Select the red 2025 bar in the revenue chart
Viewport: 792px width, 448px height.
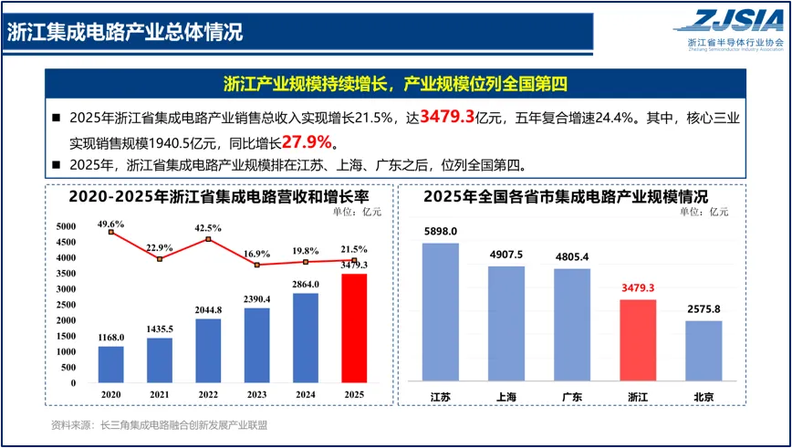pyautogui.click(x=354, y=328)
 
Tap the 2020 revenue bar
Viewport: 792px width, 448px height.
pyautogui.click(x=111, y=365)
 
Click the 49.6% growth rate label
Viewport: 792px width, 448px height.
pyautogui.click(x=111, y=224)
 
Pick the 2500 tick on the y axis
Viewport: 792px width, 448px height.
pyautogui.click(x=67, y=305)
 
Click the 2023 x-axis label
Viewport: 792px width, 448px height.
pyautogui.click(x=257, y=395)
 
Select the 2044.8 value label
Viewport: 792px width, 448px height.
pyautogui.click(x=208, y=310)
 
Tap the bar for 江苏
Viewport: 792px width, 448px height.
pyautogui.click(x=441, y=312)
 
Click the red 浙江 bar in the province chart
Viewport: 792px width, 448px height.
pyautogui.click(x=638, y=340)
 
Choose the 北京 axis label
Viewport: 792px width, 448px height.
pyautogui.click(x=703, y=397)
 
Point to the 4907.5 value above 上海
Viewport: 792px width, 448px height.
pyautogui.click(x=506, y=255)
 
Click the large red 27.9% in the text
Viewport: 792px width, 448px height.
pyautogui.click(x=307, y=142)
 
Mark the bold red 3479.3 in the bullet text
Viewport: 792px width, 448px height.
pyautogui.click(x=447, y=118)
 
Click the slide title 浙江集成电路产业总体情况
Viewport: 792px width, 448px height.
pyautogui.click(x=125, y=32)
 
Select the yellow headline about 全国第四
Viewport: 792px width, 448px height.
pyautogui.click(x=395, y=84)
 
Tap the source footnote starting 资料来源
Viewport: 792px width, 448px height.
pyautogui.click(x=159, y=425)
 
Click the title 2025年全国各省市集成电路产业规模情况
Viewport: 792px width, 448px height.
pyautogui.click(x=567, y=196)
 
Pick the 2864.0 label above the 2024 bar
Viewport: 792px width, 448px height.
pyautogui.click(x=306, y=285)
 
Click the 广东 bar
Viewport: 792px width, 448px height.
pyautogui.click(x=572, y=325)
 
